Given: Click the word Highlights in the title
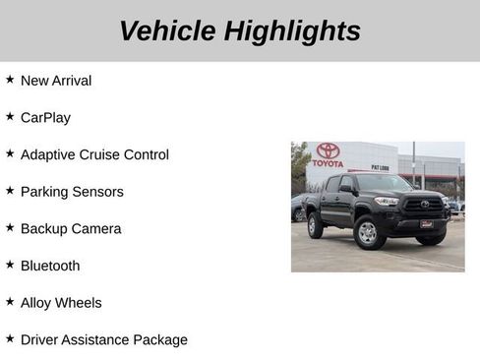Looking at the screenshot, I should (x=291, y=31).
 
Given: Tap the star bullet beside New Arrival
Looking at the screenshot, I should (x=10, y=80).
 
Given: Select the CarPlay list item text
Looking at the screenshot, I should (x=45, y=118).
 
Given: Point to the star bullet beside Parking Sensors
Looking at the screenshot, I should (x=10, y=190).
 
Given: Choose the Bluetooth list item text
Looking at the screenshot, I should (x=50, y=266).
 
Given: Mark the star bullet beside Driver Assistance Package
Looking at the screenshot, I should (x=10, y=338).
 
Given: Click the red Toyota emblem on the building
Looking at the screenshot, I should (x=328, y=150).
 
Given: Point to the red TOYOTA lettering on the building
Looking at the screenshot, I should (x=328, y=163).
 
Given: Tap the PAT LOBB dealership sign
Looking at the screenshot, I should (x=380, y=168).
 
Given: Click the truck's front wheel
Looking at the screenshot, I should (x=366, y=232).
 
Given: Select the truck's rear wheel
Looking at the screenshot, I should (x=315, y=226).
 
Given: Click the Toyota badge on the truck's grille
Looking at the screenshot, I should (x=425, y=205).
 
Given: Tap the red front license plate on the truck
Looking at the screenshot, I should (x=427, y=223).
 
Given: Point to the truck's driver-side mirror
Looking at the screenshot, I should (x=346, y=189).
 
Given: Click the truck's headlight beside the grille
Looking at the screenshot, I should (x=388, y=201).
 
